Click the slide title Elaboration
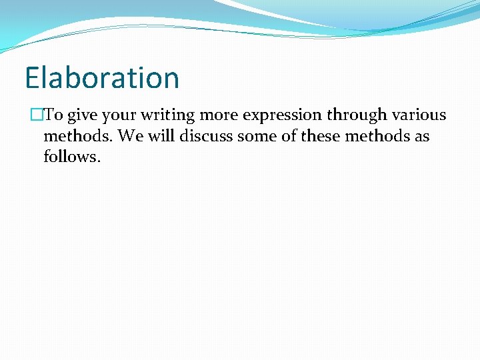102,77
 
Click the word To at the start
54,115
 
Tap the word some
253,137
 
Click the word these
321,137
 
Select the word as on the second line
421,137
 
